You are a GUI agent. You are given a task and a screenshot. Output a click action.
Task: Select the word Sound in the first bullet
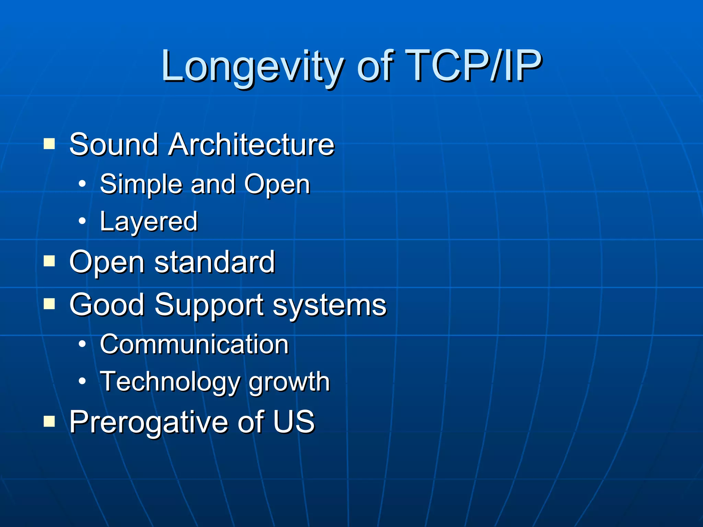point(114,144)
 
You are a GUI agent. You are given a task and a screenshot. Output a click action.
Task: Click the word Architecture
point(251,144)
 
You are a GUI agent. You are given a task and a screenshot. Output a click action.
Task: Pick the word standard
point(215,262)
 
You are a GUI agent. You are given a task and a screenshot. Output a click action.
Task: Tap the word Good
point(107,305)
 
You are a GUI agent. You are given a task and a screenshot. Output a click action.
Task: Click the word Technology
point(170,382)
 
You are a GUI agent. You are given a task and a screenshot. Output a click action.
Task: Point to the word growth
point(289,382)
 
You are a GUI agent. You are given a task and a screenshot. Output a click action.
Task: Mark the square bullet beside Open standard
point(49,261)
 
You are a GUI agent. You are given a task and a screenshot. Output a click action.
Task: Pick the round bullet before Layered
point(82,221)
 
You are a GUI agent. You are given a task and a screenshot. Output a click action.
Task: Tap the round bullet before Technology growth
point(82,381)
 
